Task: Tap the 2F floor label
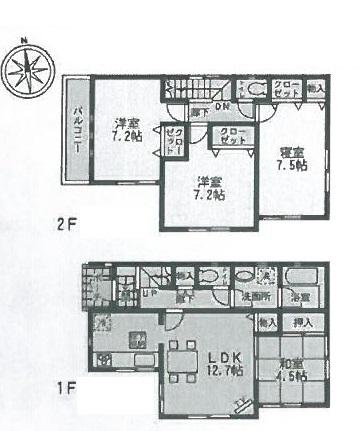coord(64,225)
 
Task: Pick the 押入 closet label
coord(303,323)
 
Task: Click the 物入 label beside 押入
coord(268,323)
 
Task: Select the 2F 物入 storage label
coord(315,89)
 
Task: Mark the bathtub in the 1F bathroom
coord(301,275)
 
